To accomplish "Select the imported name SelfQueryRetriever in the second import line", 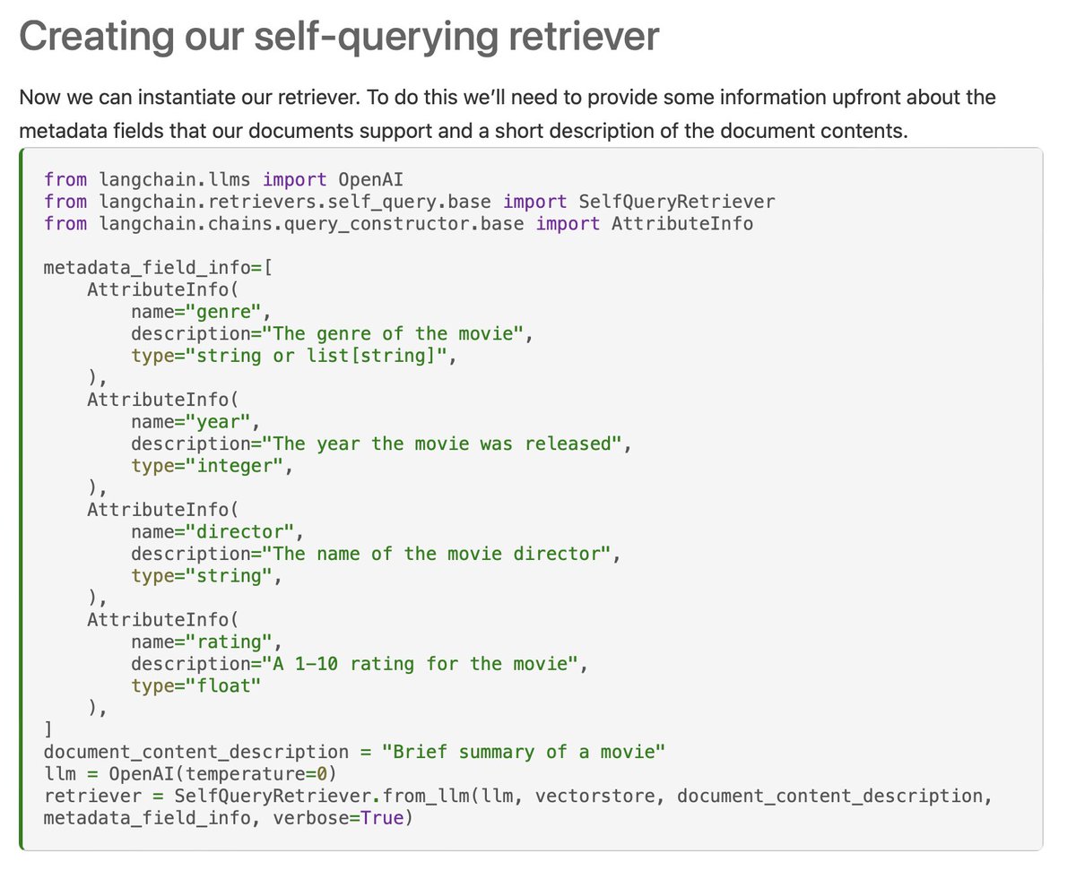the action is tap(677, 201).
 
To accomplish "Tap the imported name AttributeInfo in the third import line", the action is tap(682, 223).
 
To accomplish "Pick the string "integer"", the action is tap(239, 466).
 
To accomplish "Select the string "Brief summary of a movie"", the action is tap(524, 752).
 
